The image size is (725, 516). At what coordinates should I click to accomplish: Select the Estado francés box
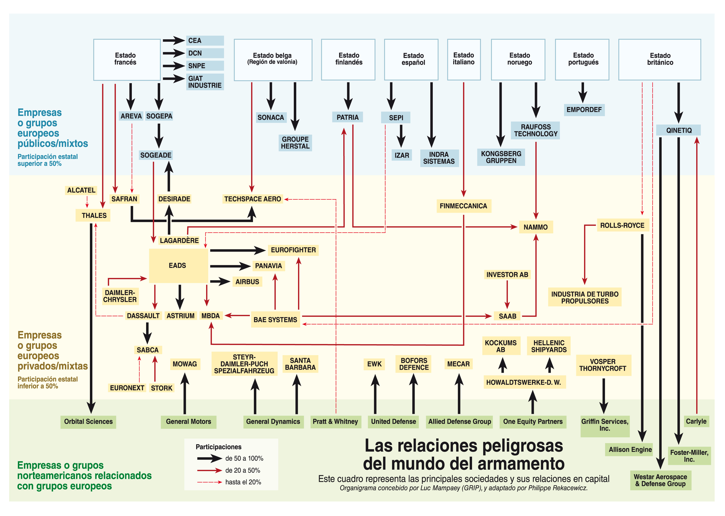pos(126,60)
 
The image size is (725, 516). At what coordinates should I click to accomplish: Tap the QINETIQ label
pos(679,130)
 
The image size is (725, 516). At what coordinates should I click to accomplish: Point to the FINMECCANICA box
pos(463,206)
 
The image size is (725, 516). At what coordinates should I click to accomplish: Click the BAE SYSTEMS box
pos(275,320)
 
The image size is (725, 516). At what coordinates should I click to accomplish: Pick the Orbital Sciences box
pos(88,422)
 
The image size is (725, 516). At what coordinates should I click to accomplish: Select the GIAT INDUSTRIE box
pos(205,82)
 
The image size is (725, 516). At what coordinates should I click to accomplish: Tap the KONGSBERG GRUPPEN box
pos(501,157)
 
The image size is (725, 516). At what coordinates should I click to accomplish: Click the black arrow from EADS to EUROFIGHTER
pos(237,250)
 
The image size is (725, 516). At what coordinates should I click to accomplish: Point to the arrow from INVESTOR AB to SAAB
pos(507,294)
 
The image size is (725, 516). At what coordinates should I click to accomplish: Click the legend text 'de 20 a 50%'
pos(243,470)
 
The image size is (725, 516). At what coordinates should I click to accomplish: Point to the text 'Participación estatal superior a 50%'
pos(48,160)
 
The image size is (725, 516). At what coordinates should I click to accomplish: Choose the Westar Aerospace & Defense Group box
pos(661,480)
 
